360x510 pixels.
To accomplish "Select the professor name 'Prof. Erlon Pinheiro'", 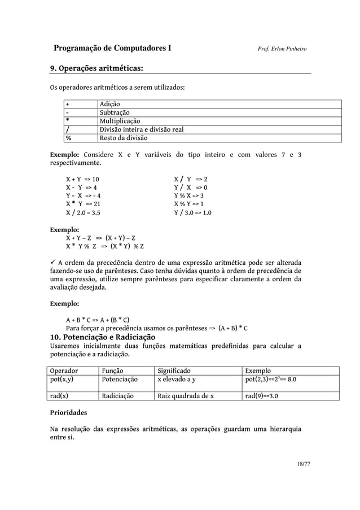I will pos(282,50).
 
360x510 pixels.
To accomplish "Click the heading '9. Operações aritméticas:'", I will pos(95,69).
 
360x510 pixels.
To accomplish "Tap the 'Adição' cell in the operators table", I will pos(109,104).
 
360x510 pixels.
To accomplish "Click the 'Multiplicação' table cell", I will pos(120,121).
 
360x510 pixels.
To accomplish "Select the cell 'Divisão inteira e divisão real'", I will pos(141,129).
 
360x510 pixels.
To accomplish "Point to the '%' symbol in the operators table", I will pos(68,138).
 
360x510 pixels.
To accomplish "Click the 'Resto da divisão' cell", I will pos(123,138).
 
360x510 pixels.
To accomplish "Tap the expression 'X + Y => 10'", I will pos(82,178).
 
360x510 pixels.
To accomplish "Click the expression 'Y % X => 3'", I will pos(189,196).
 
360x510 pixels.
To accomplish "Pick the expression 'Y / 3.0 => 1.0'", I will pos(192,213).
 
